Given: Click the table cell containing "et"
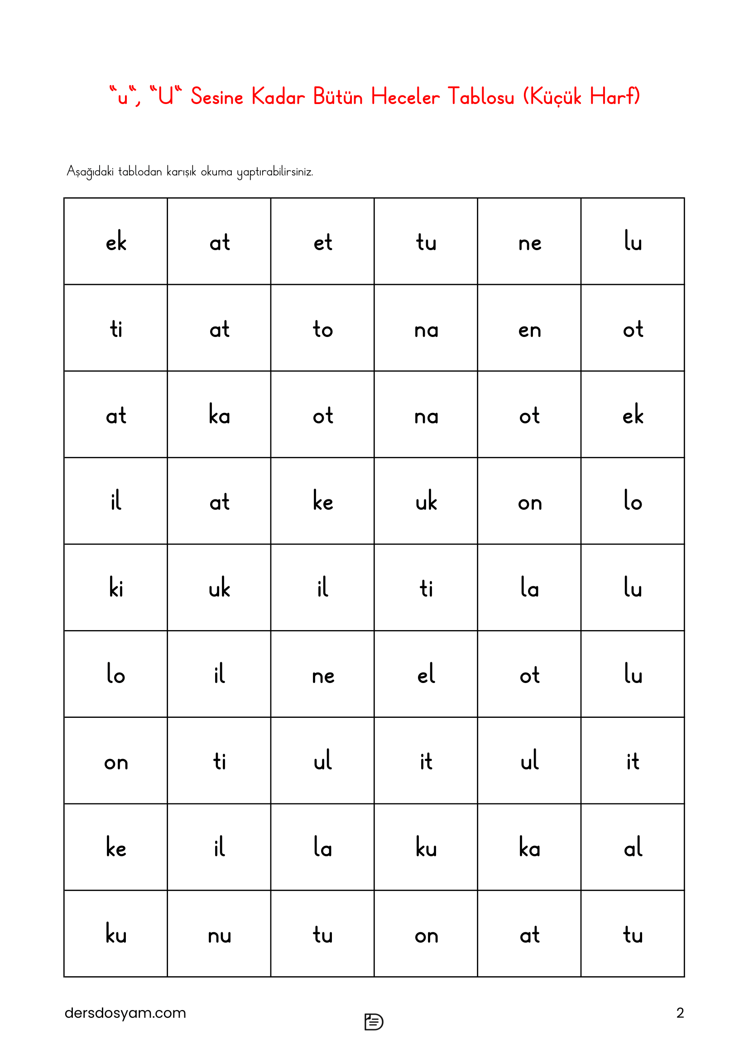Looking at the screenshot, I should pyautogui.click(x=322, y=242).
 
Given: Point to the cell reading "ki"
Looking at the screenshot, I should pyautogui.click(x=116, y=588).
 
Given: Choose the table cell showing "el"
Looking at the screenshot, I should pyautogui.click(x=426, y=674).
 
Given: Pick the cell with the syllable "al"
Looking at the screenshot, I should pyautogui.click(x=633, y=847).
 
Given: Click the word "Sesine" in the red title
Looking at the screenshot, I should pyautogui.click(x=217, y=97).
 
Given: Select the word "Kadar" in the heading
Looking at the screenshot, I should pyautogui.click(x=278, y=97).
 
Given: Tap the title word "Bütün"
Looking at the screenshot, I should pyautogui.click(x=338, y=97).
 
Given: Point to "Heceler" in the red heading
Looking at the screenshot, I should pyautogui.click(x=405, y=97).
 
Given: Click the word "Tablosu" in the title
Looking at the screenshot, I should pyautogui.click(x=480, y=97).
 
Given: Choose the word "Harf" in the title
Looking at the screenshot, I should pyautogui.click(x=611, y=97).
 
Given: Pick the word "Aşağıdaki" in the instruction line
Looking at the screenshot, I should pyautogui.click(x=90, y=171).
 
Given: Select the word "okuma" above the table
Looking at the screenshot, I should pyautogui.click(x=216, y=171).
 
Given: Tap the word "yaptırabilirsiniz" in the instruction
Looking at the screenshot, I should pyautogui.click(x=275, y=172).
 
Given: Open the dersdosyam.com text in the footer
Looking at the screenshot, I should pyautogui.click(x=125, y=1013).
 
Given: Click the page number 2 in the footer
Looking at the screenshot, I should pyautogui.click(x=680, y=1013).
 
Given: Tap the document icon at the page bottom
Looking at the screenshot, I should pyautogui.click(x=374, y=1022).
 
